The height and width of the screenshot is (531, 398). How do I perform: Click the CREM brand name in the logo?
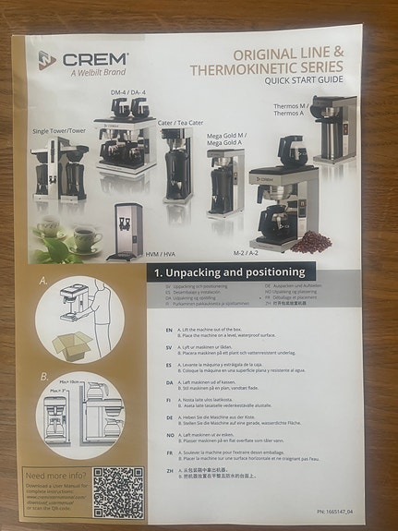click(93, 58)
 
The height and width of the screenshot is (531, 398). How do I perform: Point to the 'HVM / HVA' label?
click(161, 250)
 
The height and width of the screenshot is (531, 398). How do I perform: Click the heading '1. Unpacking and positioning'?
click(229, 272)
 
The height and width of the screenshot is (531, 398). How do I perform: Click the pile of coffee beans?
click(311, 242)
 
